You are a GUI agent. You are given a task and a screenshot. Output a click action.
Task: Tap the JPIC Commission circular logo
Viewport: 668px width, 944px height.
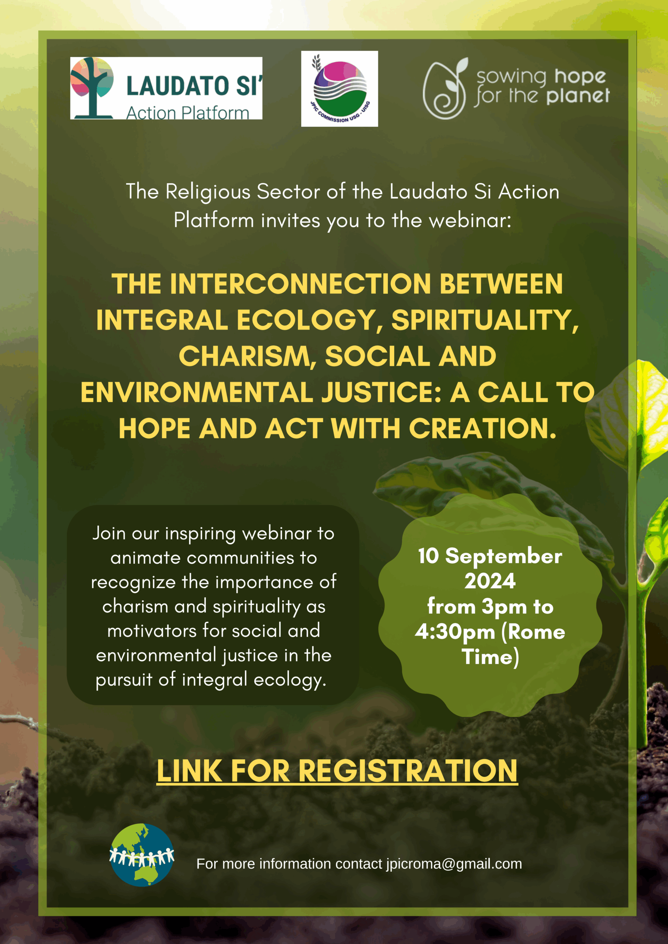(340, 89)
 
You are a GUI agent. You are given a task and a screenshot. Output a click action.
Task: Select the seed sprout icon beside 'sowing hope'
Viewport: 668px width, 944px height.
(446, 88)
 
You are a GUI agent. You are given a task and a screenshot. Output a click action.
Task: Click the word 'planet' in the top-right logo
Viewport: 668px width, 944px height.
(578, 96)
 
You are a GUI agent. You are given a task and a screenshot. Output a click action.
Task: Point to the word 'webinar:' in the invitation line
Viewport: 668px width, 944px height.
(470, 221)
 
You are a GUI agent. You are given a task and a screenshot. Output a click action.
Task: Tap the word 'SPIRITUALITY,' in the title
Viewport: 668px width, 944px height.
(485, 321)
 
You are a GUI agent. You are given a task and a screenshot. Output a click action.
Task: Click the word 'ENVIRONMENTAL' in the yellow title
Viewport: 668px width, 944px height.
(197, 392)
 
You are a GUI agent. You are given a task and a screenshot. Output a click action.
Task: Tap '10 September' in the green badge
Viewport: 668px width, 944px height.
(490, 556)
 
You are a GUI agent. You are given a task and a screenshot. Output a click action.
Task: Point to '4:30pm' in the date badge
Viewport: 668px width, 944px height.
(455, 632)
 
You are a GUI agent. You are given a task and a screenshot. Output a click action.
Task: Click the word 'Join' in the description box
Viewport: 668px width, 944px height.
(109, 534)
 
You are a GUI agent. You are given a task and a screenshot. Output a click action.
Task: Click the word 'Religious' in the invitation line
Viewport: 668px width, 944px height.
(208, 192)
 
